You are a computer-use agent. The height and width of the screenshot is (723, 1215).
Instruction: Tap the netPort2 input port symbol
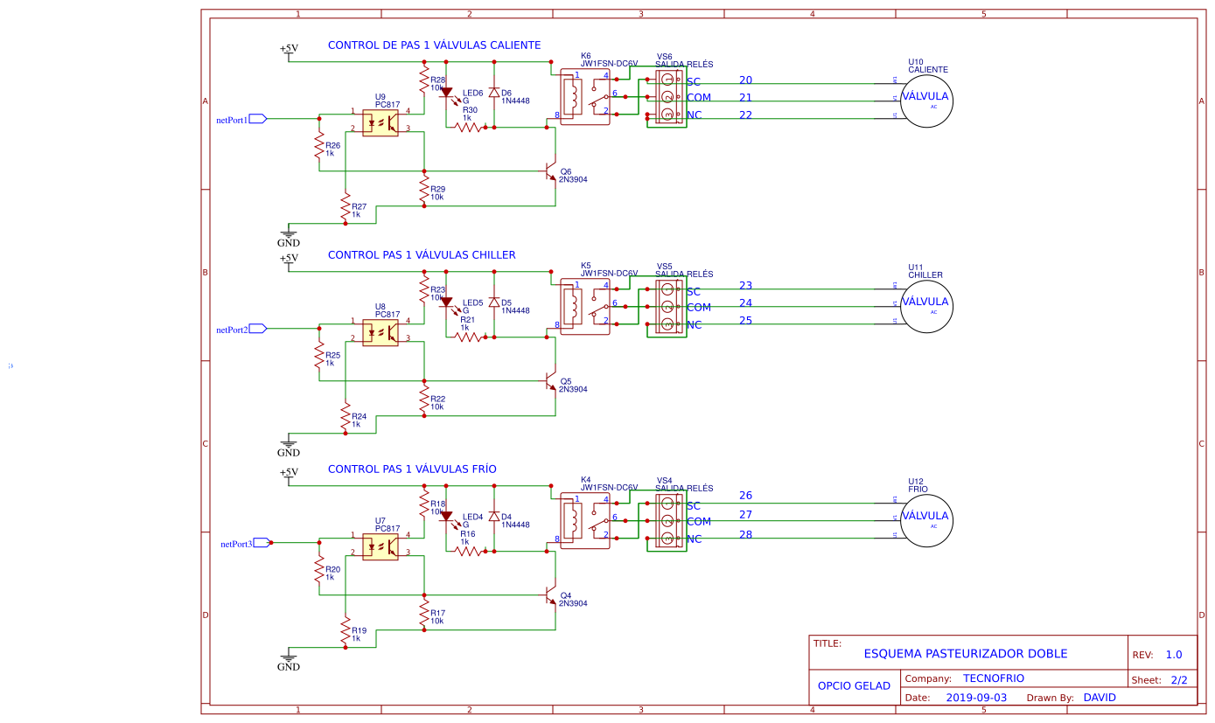[257, 329]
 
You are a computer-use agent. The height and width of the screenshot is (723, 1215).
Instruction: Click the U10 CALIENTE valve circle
[926, 100]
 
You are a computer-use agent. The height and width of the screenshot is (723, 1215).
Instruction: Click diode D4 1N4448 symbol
[493, 517]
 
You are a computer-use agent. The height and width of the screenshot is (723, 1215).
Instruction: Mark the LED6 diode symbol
[446, 92]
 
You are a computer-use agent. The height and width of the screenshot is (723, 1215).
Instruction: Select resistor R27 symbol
[346, 207]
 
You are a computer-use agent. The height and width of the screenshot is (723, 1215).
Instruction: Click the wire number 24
[745, 303]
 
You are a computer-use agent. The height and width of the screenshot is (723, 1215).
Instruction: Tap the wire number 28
[745, 534]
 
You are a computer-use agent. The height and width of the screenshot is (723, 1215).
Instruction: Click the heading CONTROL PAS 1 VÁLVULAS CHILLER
[422, 255]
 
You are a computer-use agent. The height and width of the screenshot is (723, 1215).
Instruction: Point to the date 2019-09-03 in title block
[976, 698]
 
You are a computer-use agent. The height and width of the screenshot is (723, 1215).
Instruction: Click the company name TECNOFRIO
[993, 678]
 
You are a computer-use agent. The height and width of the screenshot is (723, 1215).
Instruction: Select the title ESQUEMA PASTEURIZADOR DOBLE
[966, 654]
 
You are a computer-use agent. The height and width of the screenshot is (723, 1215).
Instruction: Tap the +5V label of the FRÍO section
[289, 473]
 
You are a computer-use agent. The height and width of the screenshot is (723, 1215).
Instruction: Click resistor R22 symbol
[424, 400]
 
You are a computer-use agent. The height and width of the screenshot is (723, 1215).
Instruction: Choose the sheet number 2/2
[1178, 679]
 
